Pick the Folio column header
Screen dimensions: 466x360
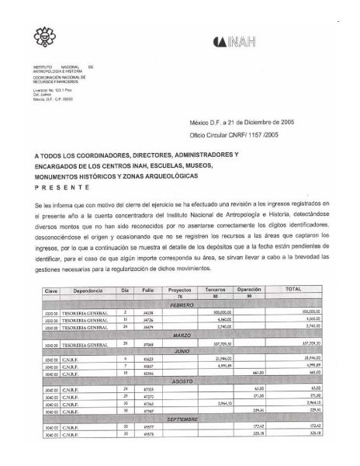(147, 289)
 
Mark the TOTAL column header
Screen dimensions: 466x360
(293, 289)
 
